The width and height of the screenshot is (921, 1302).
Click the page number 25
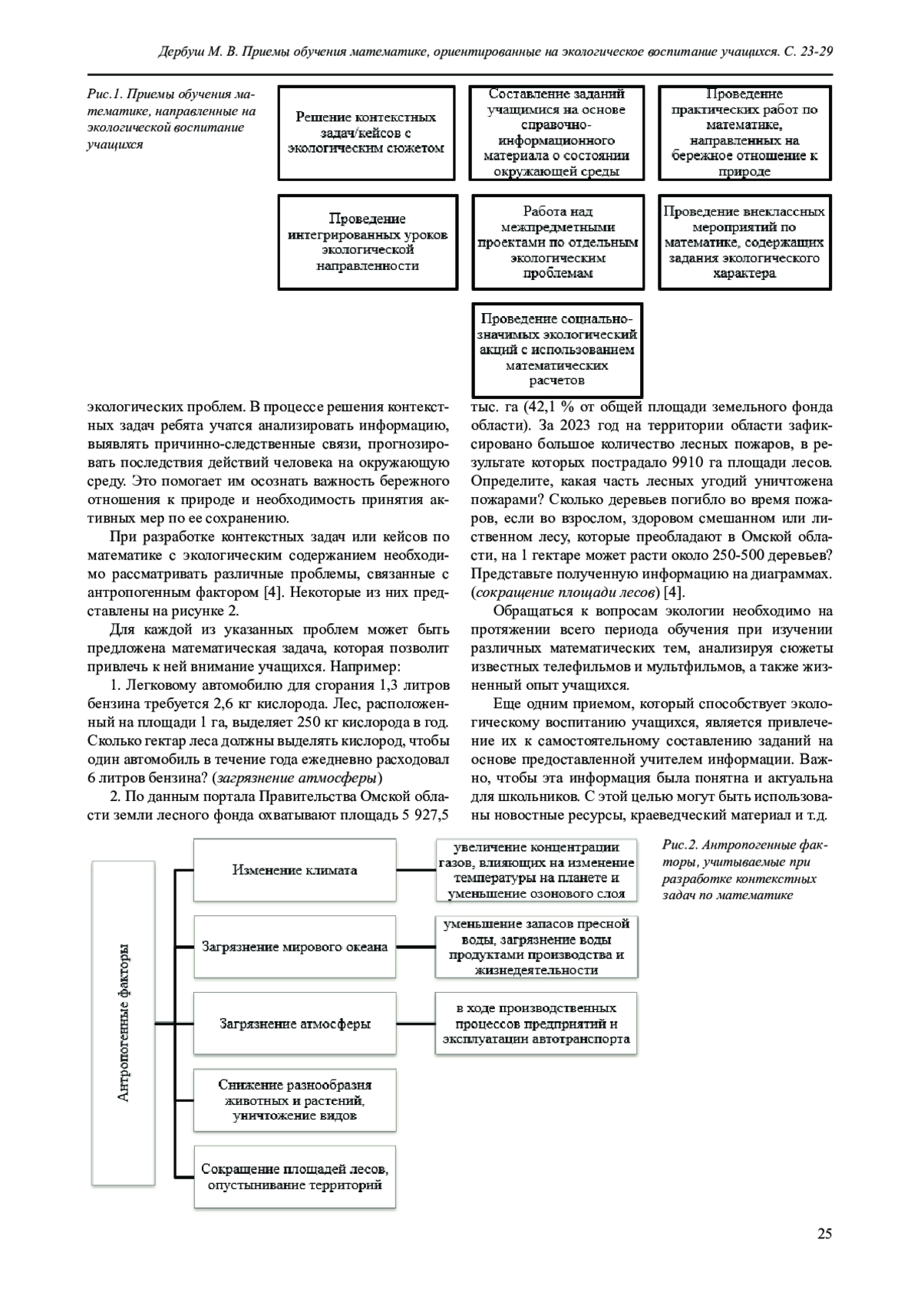point(824,1234)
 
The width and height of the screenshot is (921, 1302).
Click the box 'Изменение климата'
point(295,870)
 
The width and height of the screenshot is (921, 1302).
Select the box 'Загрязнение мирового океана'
point(295,947)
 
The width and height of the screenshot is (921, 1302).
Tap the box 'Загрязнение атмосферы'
point(295,1023)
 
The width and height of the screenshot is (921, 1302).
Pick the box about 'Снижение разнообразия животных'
point(295,1100)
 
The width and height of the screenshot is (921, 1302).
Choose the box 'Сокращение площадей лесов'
point(295,1177)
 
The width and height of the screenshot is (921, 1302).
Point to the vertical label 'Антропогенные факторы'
point(124,1023)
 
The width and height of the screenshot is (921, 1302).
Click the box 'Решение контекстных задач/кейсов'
point(366,133)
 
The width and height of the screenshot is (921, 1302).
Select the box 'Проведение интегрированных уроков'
point(368,242)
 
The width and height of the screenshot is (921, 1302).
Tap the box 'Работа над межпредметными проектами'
point(557,242)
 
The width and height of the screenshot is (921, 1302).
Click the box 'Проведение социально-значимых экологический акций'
point(557,349)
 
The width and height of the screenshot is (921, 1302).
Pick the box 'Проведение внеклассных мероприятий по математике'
point(744,242)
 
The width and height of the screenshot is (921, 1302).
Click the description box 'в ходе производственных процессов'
point(536,1023)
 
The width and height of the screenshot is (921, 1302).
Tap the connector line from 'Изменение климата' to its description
point(416,870)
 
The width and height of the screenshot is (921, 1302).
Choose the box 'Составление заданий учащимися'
point(557,133)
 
